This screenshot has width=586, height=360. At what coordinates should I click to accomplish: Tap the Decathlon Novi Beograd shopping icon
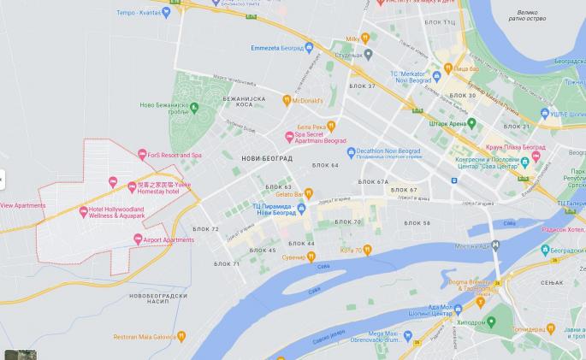pyautogui.click(x=351, y=152)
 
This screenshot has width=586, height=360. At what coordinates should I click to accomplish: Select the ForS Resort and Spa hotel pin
pyautogui.click(x=142, y=155)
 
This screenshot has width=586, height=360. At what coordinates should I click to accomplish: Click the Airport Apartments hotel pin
pyautogui.click(x=137, y=240)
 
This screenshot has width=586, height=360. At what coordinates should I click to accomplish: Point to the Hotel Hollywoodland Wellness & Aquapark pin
pyautogui.click(x=83, y=210)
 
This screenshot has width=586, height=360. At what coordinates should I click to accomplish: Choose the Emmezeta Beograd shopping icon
pyautogui.click(x=309, y=47)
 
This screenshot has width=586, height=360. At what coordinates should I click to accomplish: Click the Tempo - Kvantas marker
pyautogui.click(x=166, y=12)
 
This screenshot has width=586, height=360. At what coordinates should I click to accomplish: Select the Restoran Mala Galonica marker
pyautogui.click(x=169, y=336)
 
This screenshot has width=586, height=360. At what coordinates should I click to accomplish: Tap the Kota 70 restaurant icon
pyautogui.click(x=367, y=250)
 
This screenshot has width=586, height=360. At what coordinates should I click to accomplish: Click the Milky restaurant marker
pyautogui.click(x=365, y=38)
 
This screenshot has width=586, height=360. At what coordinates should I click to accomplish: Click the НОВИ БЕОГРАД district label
pyautogui.click(x=266, y=159)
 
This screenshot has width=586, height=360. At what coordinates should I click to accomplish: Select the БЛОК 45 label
pyautogui.click(x=263, y=251)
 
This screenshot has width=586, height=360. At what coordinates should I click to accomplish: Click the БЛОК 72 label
pyautogui.click(x=204, y=229)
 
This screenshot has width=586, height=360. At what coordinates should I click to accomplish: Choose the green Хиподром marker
pyautogui.click(x=491, y=322)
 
